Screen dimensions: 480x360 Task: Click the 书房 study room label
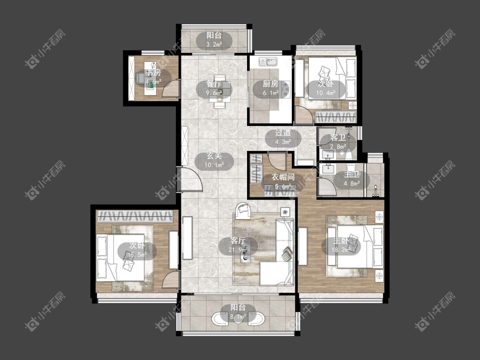point(153,73)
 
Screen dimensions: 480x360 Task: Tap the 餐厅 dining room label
point(214,84)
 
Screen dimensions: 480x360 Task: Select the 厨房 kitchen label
point(271,84)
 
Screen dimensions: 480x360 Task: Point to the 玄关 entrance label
point(214,156)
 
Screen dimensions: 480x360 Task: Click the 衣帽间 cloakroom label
point(283,177)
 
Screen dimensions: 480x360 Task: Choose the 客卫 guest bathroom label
point(338,138)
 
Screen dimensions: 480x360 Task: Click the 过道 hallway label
point(283,133)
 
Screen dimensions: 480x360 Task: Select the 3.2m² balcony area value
point(214,44)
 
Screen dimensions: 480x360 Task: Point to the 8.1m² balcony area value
point(238,317)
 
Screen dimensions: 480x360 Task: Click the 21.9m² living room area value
point(238,250)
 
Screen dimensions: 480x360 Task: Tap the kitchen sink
point(268,61)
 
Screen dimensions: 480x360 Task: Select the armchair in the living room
point(243,210)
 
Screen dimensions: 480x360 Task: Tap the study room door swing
point(170,88)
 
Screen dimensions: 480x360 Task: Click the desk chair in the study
point(141,77)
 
